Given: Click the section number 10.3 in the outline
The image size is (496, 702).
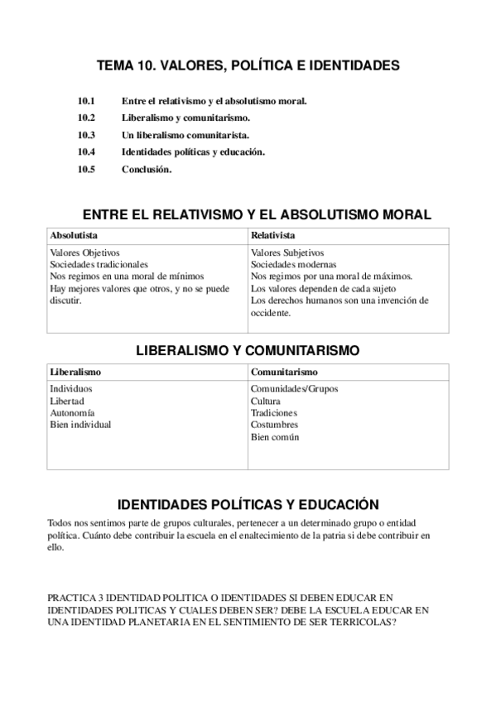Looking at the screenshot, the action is coord(87,135).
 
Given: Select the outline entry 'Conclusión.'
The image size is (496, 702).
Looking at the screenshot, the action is coord(147,170).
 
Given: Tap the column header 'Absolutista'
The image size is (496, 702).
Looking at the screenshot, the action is coord(74,236).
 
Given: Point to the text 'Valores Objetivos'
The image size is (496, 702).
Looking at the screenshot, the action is coord(85,252).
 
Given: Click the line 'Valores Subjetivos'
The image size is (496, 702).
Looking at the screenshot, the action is coord(287,252).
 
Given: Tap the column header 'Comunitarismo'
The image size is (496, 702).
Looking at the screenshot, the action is coord(284,372).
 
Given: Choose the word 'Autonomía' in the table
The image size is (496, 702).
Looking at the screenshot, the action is coord(72,412).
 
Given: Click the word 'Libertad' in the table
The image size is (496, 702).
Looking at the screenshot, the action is coord(67,401).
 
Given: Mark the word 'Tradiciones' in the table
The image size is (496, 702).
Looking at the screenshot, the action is coord(273,412).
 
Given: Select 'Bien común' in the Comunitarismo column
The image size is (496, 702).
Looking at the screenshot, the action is coord(275,436).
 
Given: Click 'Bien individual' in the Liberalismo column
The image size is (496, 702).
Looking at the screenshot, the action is coord(80,425).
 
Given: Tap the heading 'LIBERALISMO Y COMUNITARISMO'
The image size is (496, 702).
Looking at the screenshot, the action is coord(248,351).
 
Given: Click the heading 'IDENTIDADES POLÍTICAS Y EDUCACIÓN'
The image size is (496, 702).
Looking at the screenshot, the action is coord(248,503).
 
